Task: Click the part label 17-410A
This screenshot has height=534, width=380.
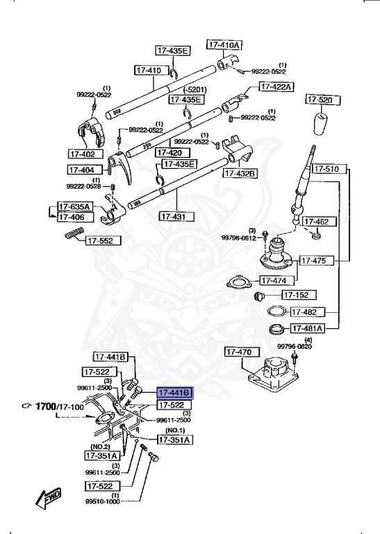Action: tap(224, 45)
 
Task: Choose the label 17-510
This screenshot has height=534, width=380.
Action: tap(325, 169)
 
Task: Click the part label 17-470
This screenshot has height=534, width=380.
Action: tap(239, 353)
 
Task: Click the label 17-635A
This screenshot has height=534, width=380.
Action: tap(74, 207)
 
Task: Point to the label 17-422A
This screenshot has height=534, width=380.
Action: tap(276, 87)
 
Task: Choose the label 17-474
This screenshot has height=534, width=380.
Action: tap(274, 280)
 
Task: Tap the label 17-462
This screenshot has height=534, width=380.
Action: tap(322, 222)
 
